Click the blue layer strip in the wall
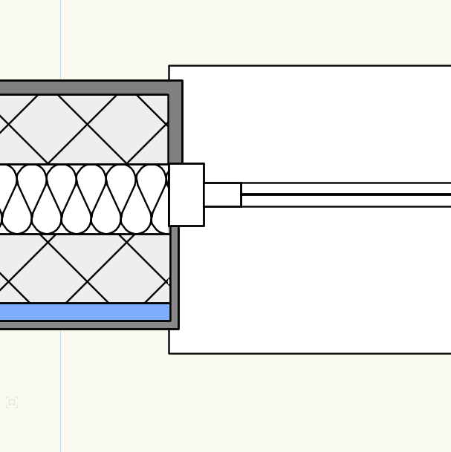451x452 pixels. pos(82,312)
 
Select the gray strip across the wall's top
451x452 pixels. pos(82,88)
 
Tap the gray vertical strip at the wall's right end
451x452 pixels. pos(175,126)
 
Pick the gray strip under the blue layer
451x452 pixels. pos(82,325)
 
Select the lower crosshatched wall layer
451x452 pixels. pos(82,268)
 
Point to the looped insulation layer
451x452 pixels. pos(82,199)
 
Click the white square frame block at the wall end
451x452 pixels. pos(186,194)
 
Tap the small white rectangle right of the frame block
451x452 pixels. pos(222,194)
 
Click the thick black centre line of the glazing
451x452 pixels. pos(345,194)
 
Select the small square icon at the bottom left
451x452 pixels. pos(12,402)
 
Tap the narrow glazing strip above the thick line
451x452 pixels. pos(345,189)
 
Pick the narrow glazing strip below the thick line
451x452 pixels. pos(345,200)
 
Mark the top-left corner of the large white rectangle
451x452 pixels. pos(169,66)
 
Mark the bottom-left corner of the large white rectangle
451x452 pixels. pos(169,353)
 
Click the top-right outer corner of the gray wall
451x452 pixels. pos(182,81)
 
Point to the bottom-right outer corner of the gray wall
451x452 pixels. pos(178,329)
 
